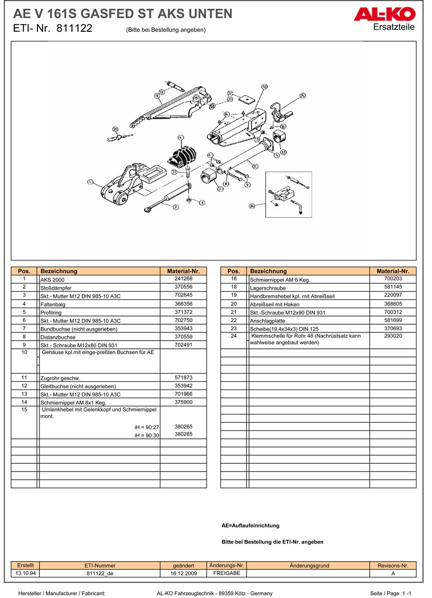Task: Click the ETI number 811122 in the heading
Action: [74, 29]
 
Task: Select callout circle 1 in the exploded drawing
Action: [90, 181]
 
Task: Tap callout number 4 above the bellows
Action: [180, 137]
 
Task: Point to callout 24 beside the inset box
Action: [252, 206]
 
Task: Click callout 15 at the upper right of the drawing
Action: [303, 96]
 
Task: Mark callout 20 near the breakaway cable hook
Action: [115, 129]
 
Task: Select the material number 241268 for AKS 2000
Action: [183, 278]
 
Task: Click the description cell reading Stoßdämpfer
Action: [56, 288]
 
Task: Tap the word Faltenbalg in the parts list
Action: [52, 304]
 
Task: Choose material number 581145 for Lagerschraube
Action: [392, 287]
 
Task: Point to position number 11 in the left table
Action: [24, 378]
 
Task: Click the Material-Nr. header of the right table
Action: [392, 271]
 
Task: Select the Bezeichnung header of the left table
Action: [59, 271]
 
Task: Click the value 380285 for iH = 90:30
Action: [183, 434]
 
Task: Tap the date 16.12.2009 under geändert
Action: [183, 573]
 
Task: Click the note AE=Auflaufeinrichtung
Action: [250, 526]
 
